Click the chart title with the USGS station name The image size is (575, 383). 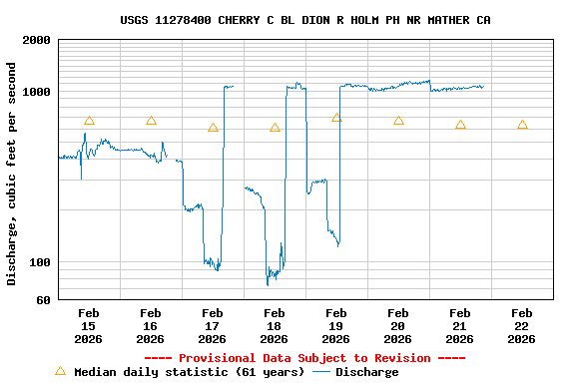[x=304, y=20]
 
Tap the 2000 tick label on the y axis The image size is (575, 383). [x=36, y=40]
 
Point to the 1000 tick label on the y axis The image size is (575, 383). [x=36, y=92]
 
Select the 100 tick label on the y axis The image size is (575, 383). [x=39, y=262]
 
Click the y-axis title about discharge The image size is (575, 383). [x=12, y=174]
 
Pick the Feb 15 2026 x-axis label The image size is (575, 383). [x=88, y=326]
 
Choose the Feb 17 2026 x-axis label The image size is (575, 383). [x=212, y=326]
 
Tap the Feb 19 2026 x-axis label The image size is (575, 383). [x=335, y=326]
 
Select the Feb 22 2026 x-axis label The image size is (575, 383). [x=521, y=326]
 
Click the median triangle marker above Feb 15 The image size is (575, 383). [x=89, y=121]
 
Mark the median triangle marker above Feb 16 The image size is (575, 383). [x=151, y=121]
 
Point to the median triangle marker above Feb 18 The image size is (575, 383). [x=275, y=128]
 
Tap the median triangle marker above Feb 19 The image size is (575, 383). [x=336, y=118]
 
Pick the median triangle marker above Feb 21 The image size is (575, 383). [x=460, y=125]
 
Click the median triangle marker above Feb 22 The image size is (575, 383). [x=522, y=125]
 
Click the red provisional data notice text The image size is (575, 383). [x=304, y=358]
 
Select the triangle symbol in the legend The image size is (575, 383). [x=60, y=371]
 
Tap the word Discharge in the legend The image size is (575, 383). [x=366, y=372]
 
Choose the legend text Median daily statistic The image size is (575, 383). [x=189, y=372]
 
